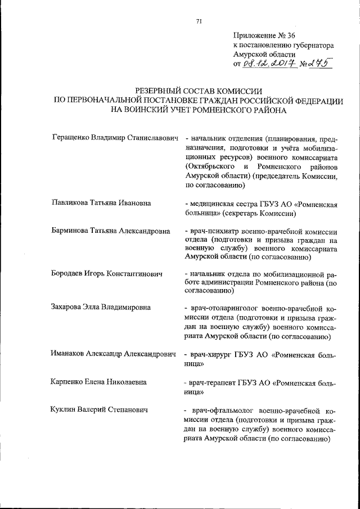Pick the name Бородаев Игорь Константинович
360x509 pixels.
click(106, 273)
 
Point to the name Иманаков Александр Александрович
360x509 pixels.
click(114, 355)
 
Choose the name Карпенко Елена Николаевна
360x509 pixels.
click(98, 382)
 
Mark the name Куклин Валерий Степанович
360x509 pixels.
click(99, 411)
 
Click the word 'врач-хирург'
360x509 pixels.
click(209, 355)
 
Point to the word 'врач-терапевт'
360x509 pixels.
click(213, 382)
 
